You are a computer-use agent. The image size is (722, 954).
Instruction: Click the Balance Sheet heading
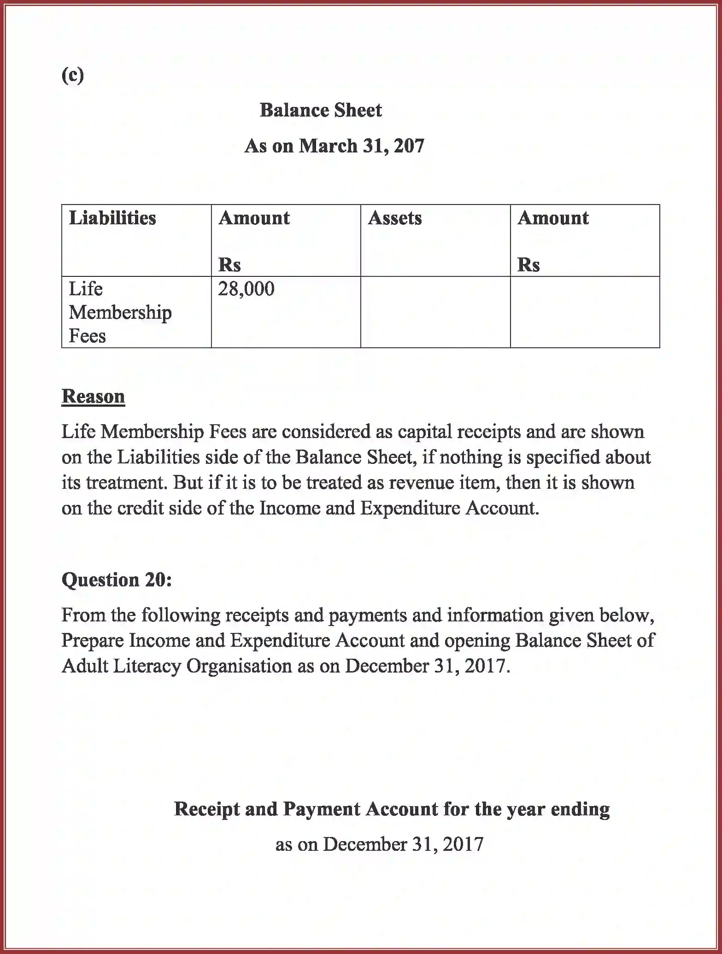[321, 111]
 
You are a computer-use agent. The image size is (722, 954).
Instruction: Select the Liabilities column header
[112, 218]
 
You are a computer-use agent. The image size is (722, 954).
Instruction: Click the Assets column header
[394, 218]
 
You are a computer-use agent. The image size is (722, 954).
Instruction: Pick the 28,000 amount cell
[246, 289]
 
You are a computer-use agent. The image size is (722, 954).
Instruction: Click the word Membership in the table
[120, 313]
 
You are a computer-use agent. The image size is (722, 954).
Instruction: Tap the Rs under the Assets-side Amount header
[528, 265]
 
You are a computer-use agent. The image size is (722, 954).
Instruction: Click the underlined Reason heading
[93, 396]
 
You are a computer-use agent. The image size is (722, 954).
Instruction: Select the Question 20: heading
[117, 579]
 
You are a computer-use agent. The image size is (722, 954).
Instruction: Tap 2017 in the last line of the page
[463, 844]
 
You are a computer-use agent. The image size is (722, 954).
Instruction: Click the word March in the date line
[328, 146]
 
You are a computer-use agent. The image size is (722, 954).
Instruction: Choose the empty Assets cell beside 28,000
[435, 312]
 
